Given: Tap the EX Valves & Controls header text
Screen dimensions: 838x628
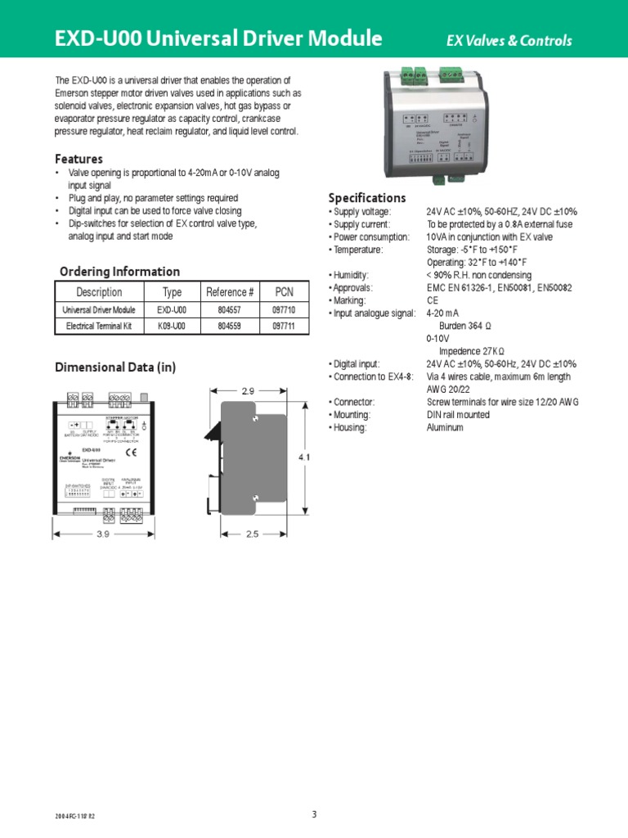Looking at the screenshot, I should pyautogui.click(x=509, y=41).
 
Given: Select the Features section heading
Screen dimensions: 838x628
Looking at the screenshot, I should pyautogui.click(x=78, y=159).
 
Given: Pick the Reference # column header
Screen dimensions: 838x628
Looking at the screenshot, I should pyautogui.click(x=230, y=292).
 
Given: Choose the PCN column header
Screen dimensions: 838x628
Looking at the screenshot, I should pyautogui.click(x=283, y=292).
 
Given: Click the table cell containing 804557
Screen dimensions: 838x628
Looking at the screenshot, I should pyautogui.click(x=230, y=310).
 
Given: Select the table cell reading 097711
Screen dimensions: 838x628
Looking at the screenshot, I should pyautogui.click(x=283, y=327).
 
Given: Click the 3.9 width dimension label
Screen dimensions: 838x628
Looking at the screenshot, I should pyautogui.click(x=103, y=534).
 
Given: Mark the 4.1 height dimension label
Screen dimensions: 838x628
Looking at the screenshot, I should pyautogui.click(x=303, y=457).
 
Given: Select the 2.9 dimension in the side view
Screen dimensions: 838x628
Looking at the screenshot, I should pyautogui.click(x=248, y=391).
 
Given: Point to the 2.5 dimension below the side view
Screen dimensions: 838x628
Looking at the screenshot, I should pyautogui.click(x=251, y=534).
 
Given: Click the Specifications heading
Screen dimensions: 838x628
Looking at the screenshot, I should pyautogui.click(x=366, y=198).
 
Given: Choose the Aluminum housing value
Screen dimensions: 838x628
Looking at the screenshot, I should pyautogui.click(x=445, y=427).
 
